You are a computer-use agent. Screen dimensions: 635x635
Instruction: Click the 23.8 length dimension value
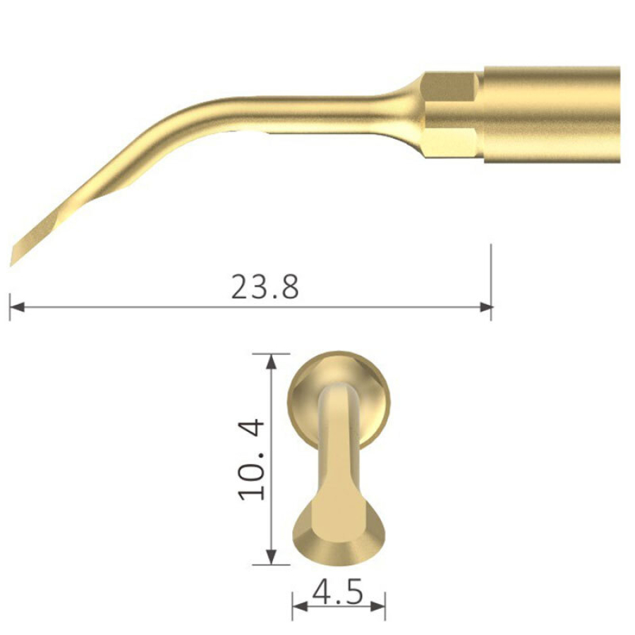265,286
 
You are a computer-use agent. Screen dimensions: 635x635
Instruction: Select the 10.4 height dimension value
252,459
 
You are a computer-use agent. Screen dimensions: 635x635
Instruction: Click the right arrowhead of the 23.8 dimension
485,307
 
